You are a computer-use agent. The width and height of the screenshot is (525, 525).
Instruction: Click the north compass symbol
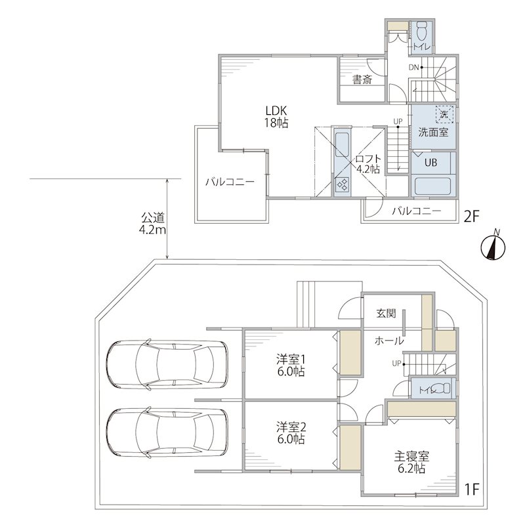[493, 247]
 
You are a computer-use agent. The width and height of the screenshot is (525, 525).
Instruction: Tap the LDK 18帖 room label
[276, 117]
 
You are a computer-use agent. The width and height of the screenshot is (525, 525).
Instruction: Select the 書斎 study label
[362, 79]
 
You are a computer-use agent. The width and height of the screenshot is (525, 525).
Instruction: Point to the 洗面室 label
[433, 133]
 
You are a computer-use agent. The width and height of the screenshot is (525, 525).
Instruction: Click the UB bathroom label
[430, 162]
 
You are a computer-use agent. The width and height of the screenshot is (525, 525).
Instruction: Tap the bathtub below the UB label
[432, 186]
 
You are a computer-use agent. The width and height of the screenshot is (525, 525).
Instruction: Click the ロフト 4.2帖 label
[368, 163]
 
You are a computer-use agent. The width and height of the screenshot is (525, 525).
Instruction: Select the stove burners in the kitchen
[342, 184]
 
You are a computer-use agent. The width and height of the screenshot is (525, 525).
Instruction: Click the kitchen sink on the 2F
[342, 144]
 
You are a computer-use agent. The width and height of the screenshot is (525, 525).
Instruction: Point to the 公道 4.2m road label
[153, 224]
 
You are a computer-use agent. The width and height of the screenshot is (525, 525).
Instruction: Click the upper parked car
[167, 365]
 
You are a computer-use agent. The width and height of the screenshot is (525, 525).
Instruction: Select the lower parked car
[167, 432]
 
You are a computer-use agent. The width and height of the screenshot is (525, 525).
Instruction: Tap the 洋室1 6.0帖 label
[291, 366]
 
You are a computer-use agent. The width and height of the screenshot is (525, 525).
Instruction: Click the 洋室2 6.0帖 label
[291, 433]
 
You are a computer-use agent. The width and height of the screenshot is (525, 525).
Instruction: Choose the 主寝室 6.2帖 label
[411, 462]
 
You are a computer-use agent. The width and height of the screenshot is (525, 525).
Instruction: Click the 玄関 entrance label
[386, 314]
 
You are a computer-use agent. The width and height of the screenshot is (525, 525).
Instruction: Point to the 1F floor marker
[472, 490]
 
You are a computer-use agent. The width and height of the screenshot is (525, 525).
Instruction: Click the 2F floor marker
[471, 217]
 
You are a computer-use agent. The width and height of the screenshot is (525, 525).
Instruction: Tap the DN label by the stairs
[414, 68]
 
